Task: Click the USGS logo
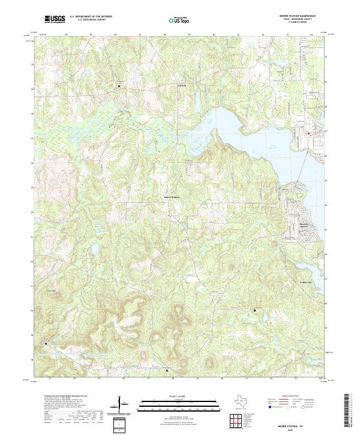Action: (55, 19)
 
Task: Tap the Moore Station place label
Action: (172, 197)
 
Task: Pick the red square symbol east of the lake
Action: (308, 133)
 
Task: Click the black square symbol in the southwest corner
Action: (46, 343)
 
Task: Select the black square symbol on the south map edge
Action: (166, 371)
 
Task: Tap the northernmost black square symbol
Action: (119, 86)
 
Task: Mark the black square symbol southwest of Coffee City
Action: (255, 310)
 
